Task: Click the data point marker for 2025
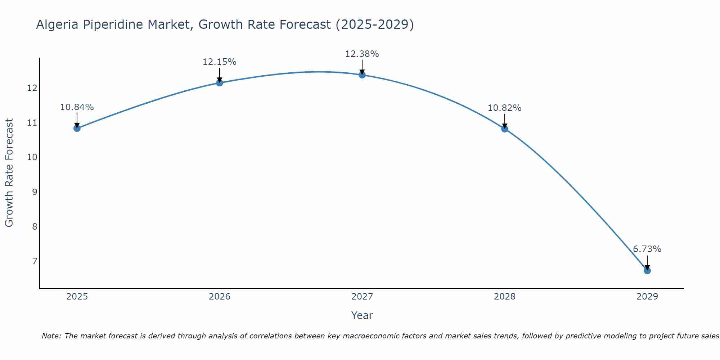[x=77, y=128]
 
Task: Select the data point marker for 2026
[x=219, y=83]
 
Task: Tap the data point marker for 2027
[x=362, y=75]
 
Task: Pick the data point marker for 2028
[x=504, y=129]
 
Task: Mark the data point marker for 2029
[x=647, y=271]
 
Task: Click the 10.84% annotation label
[x=77, y=107]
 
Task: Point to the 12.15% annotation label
[x=219, y=62]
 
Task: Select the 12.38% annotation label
[x=362, y=54]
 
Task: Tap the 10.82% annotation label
[x=504, y=108]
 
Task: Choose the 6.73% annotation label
[x=647, y=249]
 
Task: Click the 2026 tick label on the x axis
[x=220, y=297]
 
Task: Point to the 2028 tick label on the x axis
[x=504, y=297]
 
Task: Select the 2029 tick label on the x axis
[x=647, y=297]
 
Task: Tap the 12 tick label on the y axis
[x=32, y=88]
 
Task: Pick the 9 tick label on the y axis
[x=35, y=192]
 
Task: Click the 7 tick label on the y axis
[x=35, y=261]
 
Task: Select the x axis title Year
[x=362, y=315]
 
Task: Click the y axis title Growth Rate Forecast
[x=9, y=173]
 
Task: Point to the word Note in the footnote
[x=51, y=336]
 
